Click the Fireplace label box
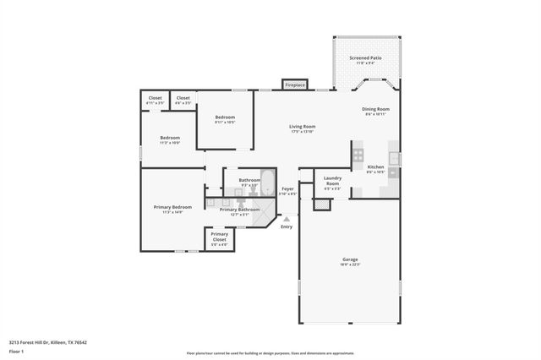(294, 85)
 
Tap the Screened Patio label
(365, 58)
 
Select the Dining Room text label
(375, 109)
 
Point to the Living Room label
(301, 127)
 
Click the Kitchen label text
(375, 167)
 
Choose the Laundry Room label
(332, 181)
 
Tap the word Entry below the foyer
(287, 226)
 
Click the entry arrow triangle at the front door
(287, 219)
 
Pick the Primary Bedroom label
(172, 207)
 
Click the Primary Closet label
(219, 237)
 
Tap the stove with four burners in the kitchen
(358, 155)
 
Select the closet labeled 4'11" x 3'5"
(155, 99)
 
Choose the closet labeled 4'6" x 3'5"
(183, 99)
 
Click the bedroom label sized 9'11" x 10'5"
(224, 117)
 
